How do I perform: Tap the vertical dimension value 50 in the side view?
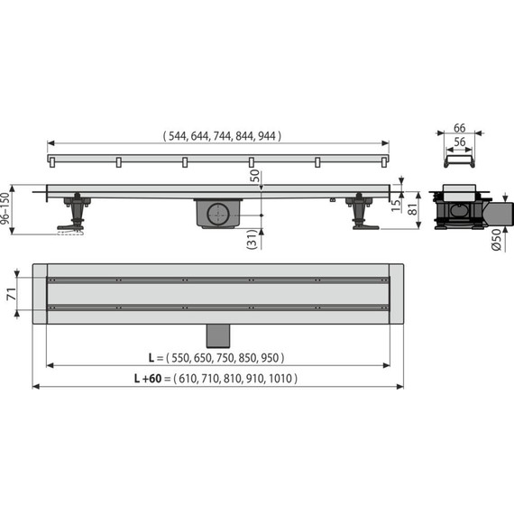(256, 175)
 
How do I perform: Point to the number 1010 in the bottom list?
(282, 379)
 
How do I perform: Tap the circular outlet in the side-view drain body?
(217, 216)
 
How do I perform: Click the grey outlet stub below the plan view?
(217, 334)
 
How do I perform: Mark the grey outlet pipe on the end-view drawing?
(500, 213)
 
